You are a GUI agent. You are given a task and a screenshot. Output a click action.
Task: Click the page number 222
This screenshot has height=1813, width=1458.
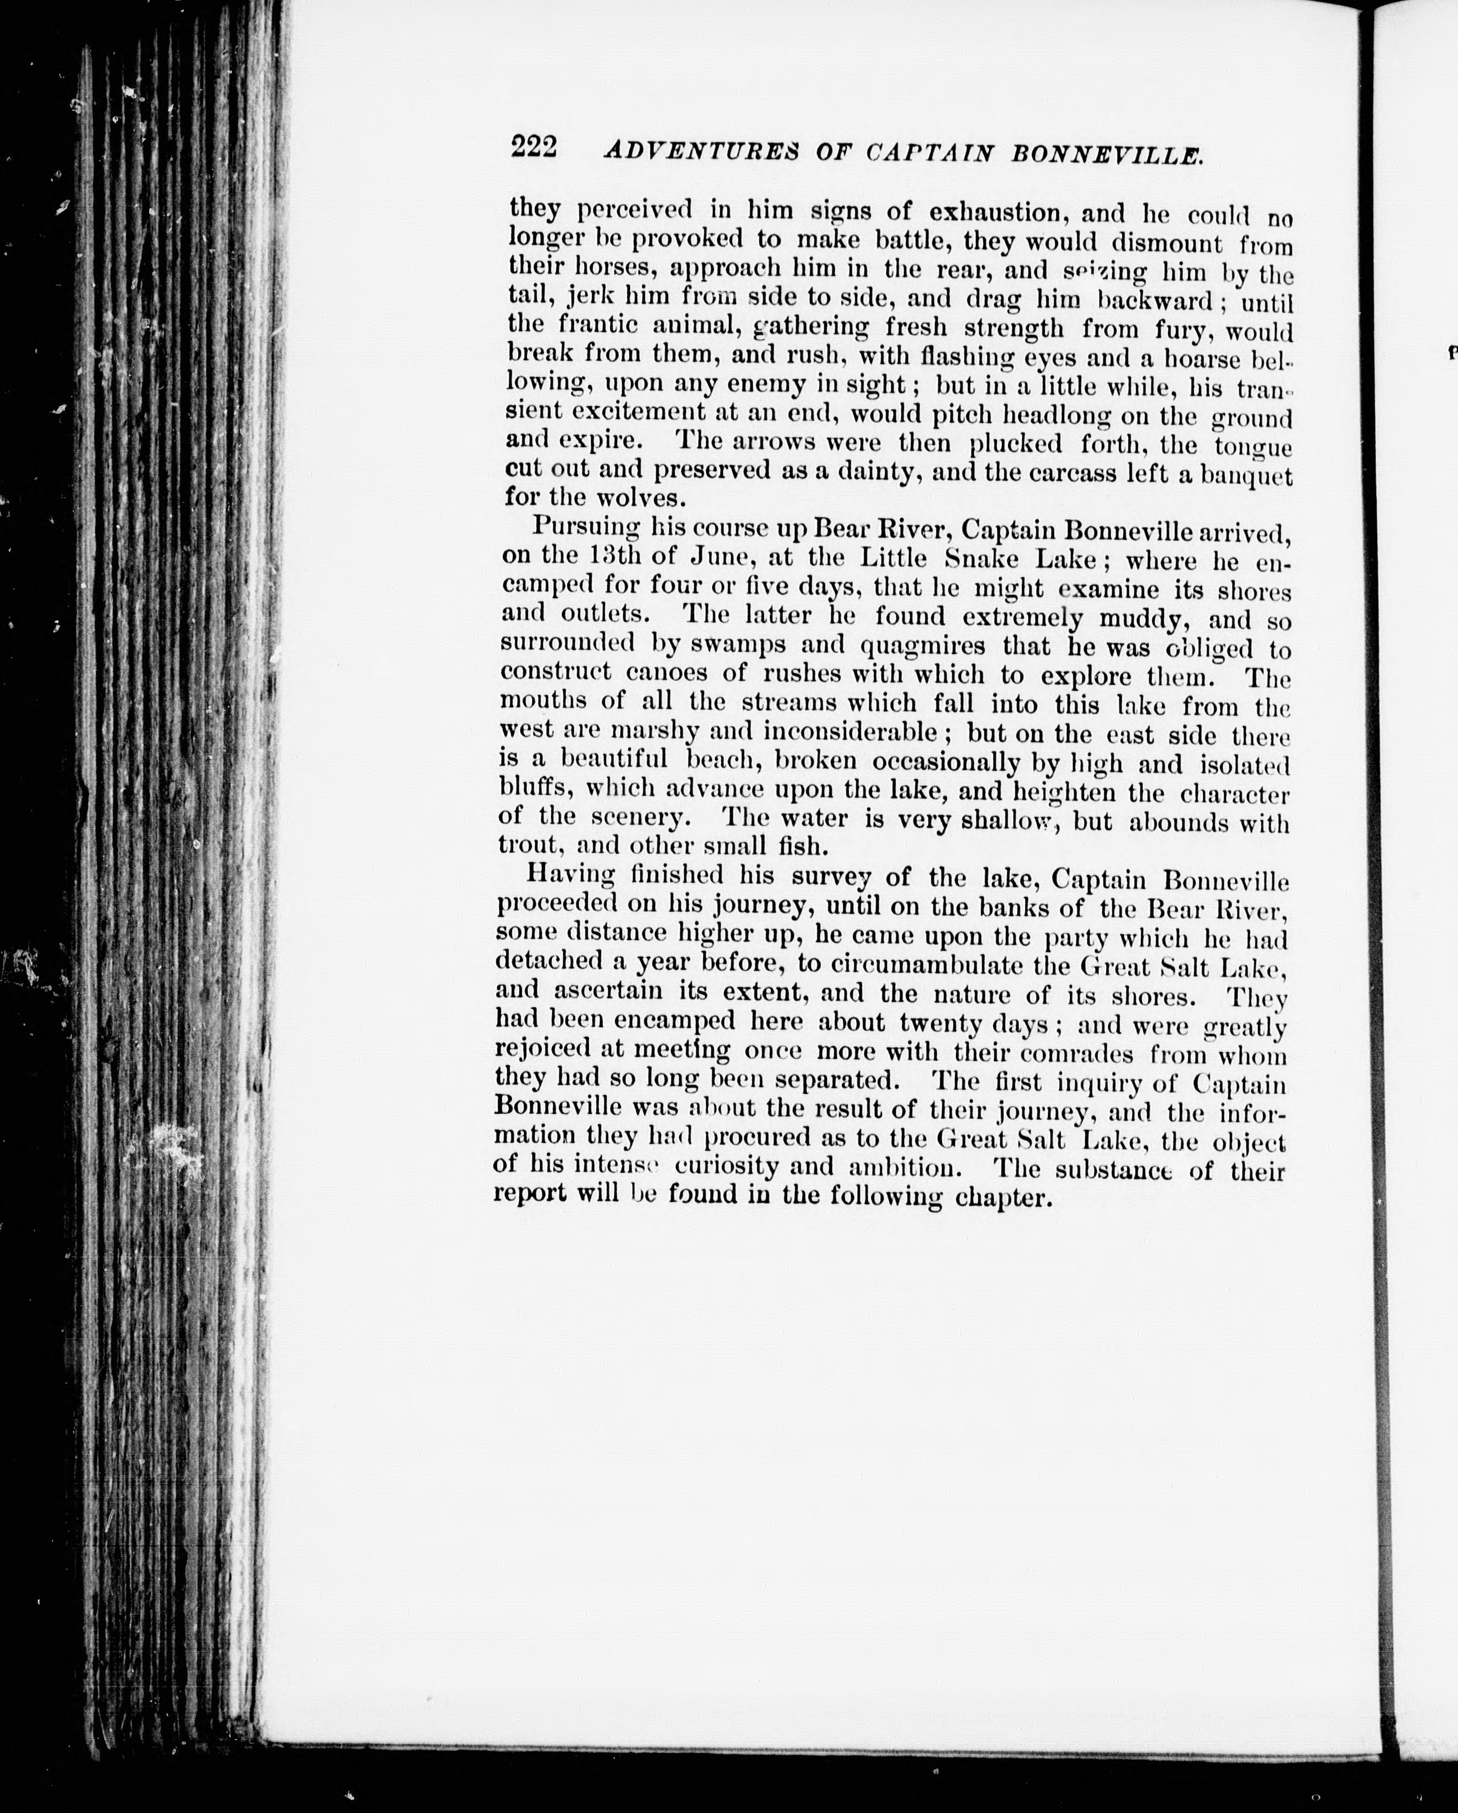tap(533, 148)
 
